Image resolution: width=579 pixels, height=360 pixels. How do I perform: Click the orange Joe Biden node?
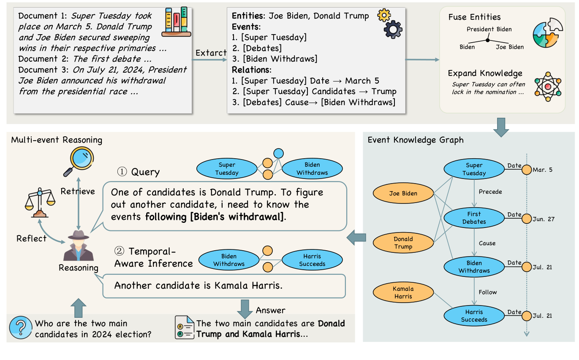403,194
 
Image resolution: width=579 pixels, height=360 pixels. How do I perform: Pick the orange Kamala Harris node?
403,292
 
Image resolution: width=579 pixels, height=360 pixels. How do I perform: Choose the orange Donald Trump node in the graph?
403,243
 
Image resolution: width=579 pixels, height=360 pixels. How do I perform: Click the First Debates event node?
474,218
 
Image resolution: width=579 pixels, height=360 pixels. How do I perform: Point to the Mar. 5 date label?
542,170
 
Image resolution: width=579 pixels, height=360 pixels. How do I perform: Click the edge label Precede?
490,192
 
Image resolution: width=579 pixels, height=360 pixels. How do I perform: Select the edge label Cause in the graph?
487,243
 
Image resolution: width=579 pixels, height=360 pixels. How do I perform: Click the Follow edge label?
487,292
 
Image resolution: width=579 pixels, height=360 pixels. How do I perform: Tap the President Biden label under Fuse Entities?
489,30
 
